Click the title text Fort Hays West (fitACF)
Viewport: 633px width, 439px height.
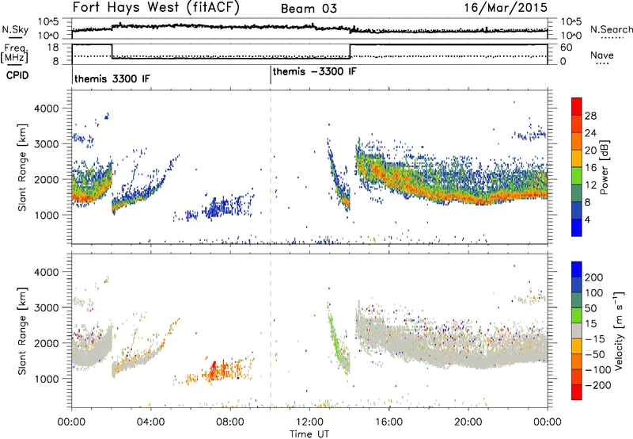pyautogui.click(x=155, y=7)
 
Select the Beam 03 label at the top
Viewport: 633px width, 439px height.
pyautogui.click(x=309, y=9)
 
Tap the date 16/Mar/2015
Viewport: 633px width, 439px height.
pyautogui.click(x=506, y=8)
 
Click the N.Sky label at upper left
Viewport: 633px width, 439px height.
pyautogui.click(x=15, y=29)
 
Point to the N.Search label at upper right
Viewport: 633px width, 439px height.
pyautogui.click(x=611, y=29)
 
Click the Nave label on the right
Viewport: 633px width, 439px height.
pyautogui.click(x=602, y=55)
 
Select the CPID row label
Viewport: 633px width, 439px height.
pyautogui.click(x=17, y=75)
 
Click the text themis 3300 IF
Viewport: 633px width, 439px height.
pyautogui.click(x=112, y=78)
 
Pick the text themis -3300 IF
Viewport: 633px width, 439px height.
pyautogui.click(x=314, y=71)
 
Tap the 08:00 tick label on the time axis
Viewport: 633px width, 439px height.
pyautogui.click(x=230, y=422)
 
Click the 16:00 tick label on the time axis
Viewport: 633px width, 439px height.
pyautogui.click(x=389, y=422)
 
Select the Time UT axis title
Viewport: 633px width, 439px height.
pyautogui.click(x=309, y=434)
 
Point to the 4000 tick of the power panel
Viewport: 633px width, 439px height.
pyautogui.click(x=47, y=109)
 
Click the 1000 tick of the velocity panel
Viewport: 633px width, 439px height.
pyautogui.click(x=47, y=379)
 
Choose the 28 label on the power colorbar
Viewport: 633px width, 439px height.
pyautogui.click(x=590, y=116)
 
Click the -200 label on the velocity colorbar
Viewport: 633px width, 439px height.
pyautogui.click(x=598, y=385)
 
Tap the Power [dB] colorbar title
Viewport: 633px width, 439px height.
pyautogui.click(x=605, y=167)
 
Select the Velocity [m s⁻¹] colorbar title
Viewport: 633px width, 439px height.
pyautogui.click(x=619, y=330)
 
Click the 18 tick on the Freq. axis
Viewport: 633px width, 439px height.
pyautogui.click(x=53, y=48)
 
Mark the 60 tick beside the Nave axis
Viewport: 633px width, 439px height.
pyautogui.click(x=567, y=48)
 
